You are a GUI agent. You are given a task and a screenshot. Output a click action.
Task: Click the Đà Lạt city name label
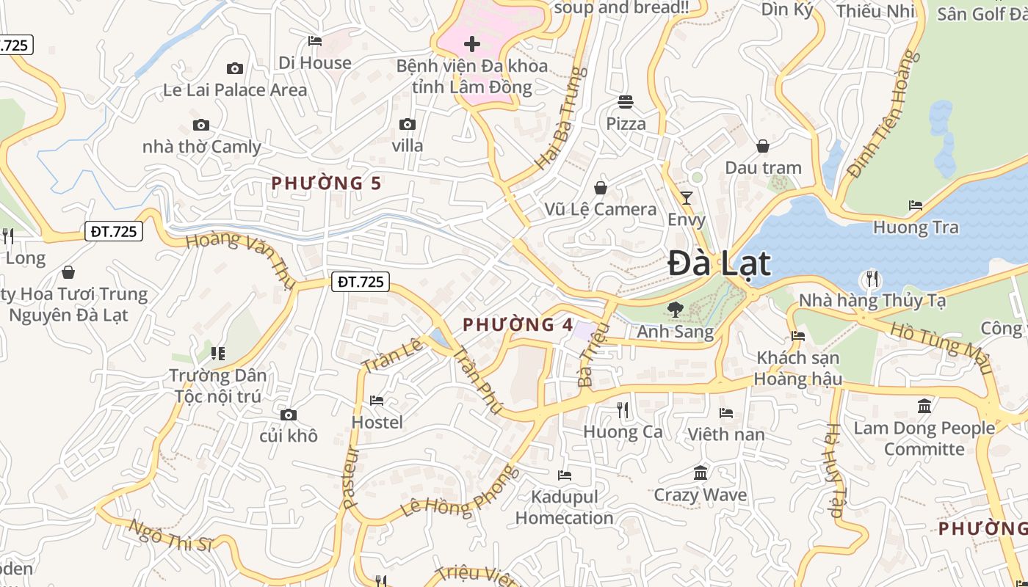(x=720, y=264)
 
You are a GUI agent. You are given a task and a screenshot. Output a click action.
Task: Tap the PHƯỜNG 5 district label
(x=327, y=183)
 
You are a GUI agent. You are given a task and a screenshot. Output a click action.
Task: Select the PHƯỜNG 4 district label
(x=518, y=324)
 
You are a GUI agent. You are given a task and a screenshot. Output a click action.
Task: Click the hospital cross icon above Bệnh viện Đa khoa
(x=472, y=44)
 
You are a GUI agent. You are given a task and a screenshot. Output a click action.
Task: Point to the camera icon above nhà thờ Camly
(x=200, y=125)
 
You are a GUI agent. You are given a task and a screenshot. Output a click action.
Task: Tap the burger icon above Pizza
(x=626, y=101)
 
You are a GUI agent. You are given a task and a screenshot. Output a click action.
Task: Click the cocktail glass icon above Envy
(x=687, y=197)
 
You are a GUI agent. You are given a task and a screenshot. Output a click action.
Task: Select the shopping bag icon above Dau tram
(x=763, y=146)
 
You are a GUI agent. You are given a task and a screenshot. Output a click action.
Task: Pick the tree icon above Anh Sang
(x=675, y=310)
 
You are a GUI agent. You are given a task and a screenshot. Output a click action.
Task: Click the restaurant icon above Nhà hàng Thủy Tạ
(x=872, y=279)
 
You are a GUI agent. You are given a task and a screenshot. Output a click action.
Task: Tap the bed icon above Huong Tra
(x=915, y=205)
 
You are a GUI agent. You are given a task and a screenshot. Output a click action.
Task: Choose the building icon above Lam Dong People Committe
(x=924, y=406)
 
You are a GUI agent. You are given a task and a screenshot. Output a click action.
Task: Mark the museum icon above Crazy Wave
(x=701, y=473)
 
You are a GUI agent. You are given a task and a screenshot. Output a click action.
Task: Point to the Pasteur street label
(x=350, y=478)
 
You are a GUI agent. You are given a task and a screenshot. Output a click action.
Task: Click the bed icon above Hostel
(x=377, y=401)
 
